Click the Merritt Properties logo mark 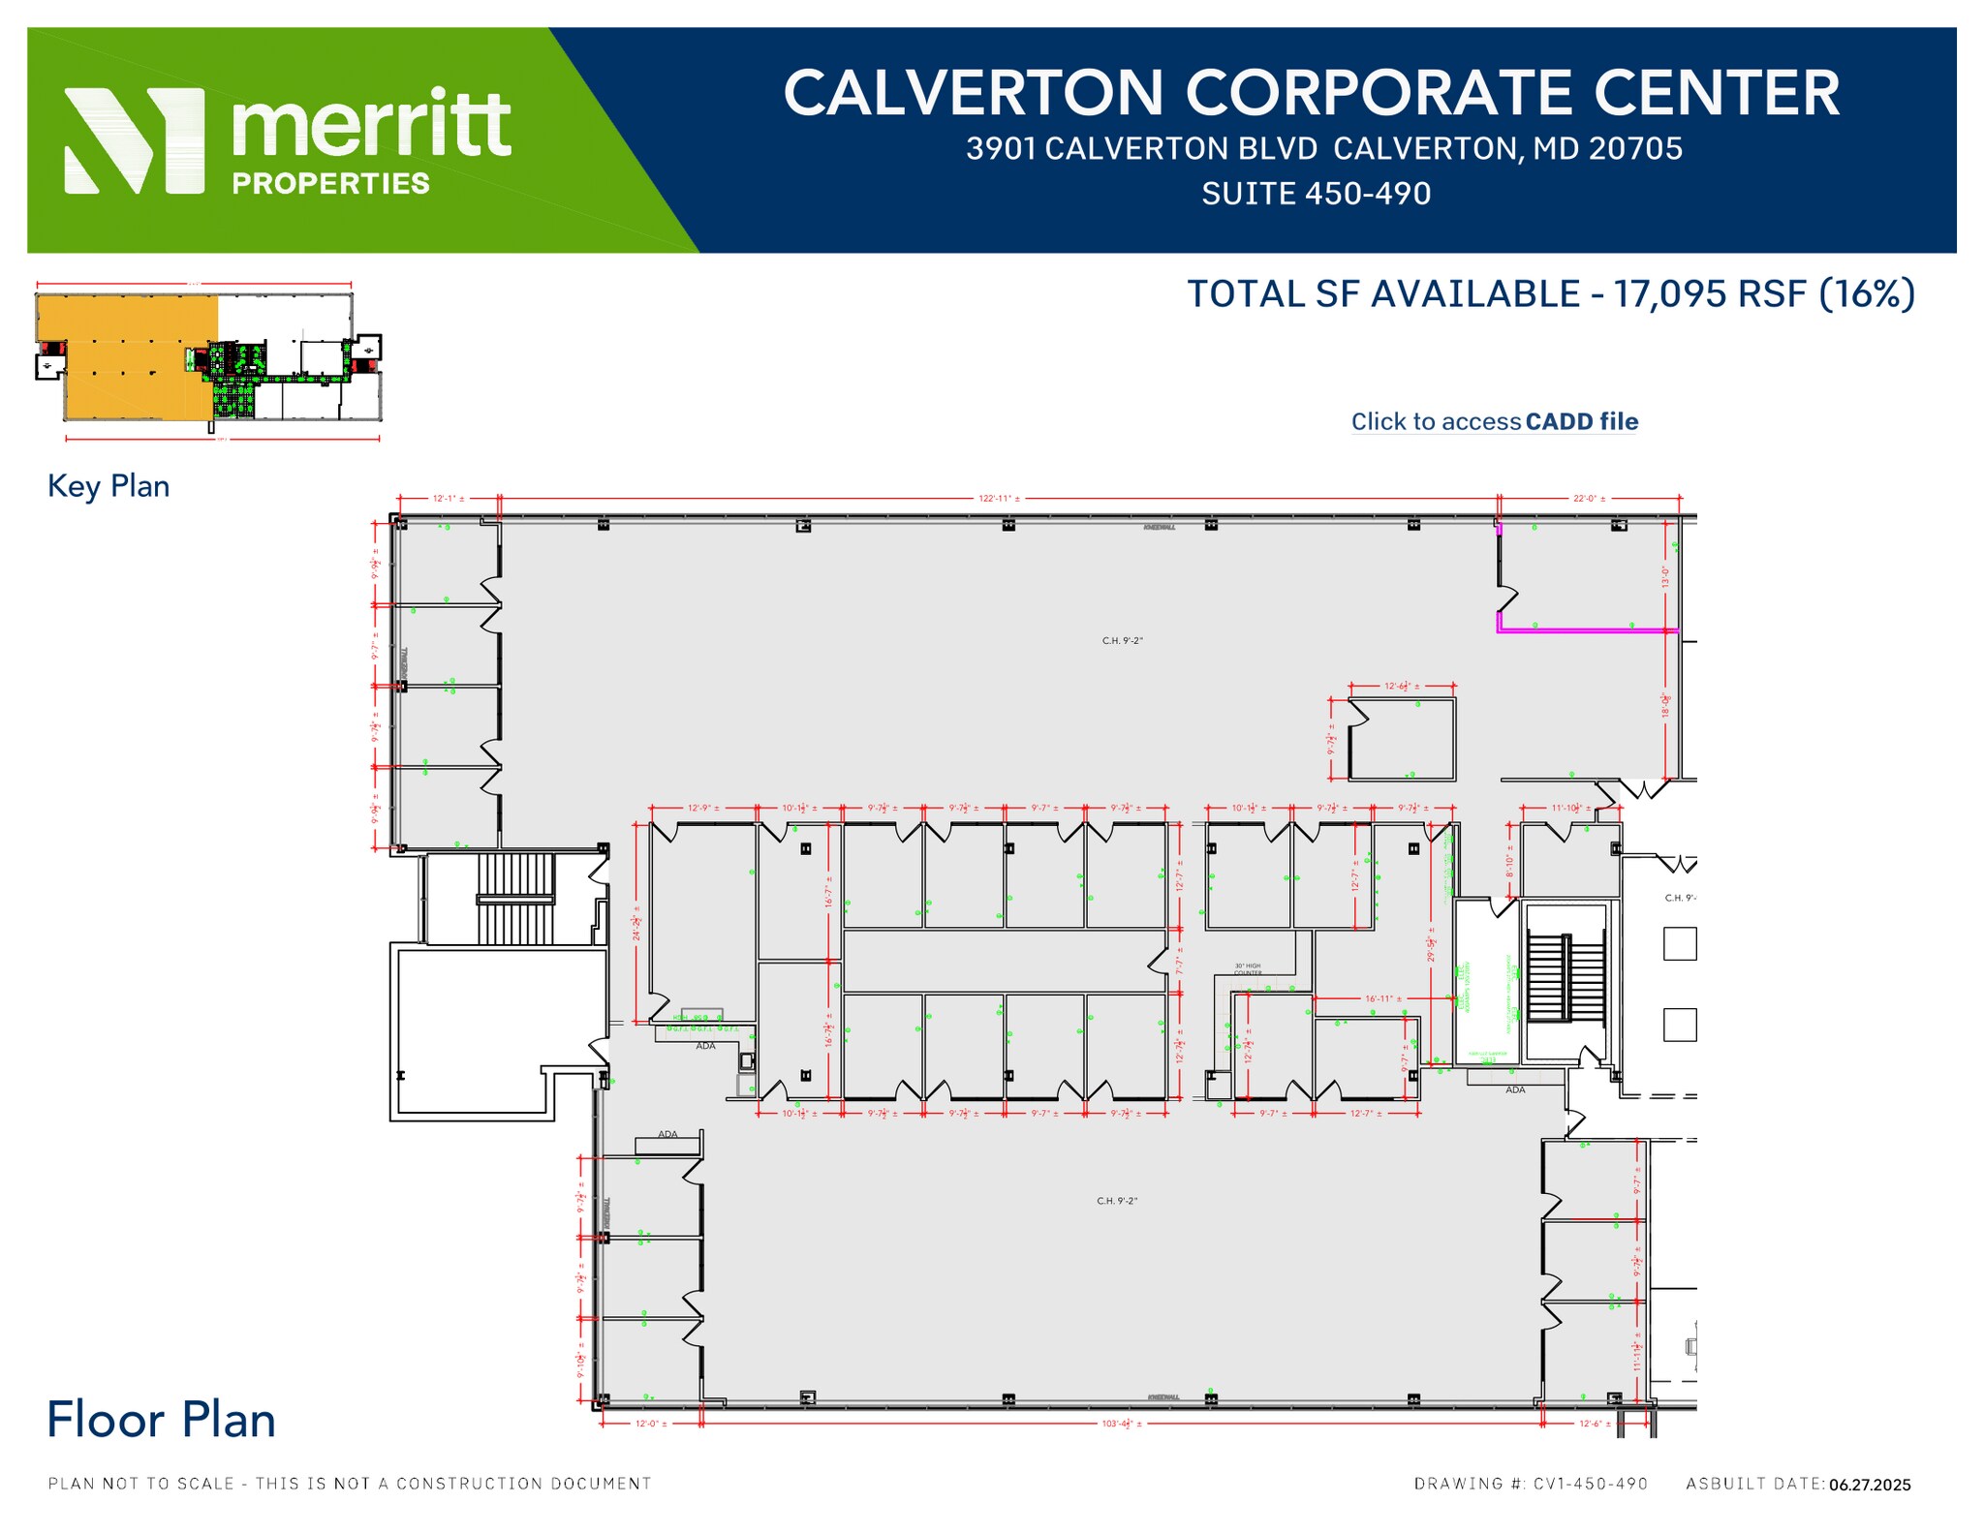[x=135, y=140]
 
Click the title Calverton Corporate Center [x=1311, y=93]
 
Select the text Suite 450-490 [x=1316, y=194]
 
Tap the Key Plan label [x=108, y=486]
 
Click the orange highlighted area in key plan [x=126, y=358]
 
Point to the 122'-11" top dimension [x=999, y=499]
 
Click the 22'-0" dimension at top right [x=1589, y=499]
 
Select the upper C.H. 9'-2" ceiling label [x=1122, y=641]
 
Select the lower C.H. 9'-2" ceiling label [x=1117, y=1201]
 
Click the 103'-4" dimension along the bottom [x=1122, y=1424]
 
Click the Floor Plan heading [x=162, y=1420]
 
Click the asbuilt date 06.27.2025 [x=1870, y=1485]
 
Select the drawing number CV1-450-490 [x=1590, y=1484]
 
